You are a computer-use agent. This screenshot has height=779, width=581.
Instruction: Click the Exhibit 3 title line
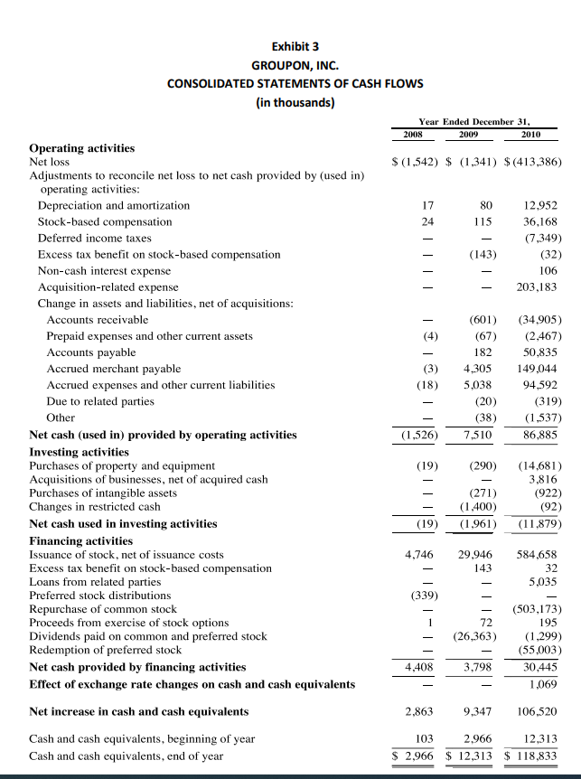coord(295,46)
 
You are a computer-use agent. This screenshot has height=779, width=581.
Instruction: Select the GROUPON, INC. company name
coord(295,65)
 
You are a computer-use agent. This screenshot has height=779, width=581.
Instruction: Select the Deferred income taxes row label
coord(94,238)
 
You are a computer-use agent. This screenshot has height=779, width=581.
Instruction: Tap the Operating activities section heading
coord(82,148)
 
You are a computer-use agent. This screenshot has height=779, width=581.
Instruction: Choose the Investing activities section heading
coord(80,451)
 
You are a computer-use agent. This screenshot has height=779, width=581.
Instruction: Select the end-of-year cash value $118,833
coord(533,756)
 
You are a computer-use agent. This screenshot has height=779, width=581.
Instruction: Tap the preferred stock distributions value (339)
coord(420,596)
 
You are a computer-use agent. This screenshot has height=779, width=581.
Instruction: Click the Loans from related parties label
coord(95,582)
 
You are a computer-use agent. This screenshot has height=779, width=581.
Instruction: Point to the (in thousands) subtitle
coord(295,102)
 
